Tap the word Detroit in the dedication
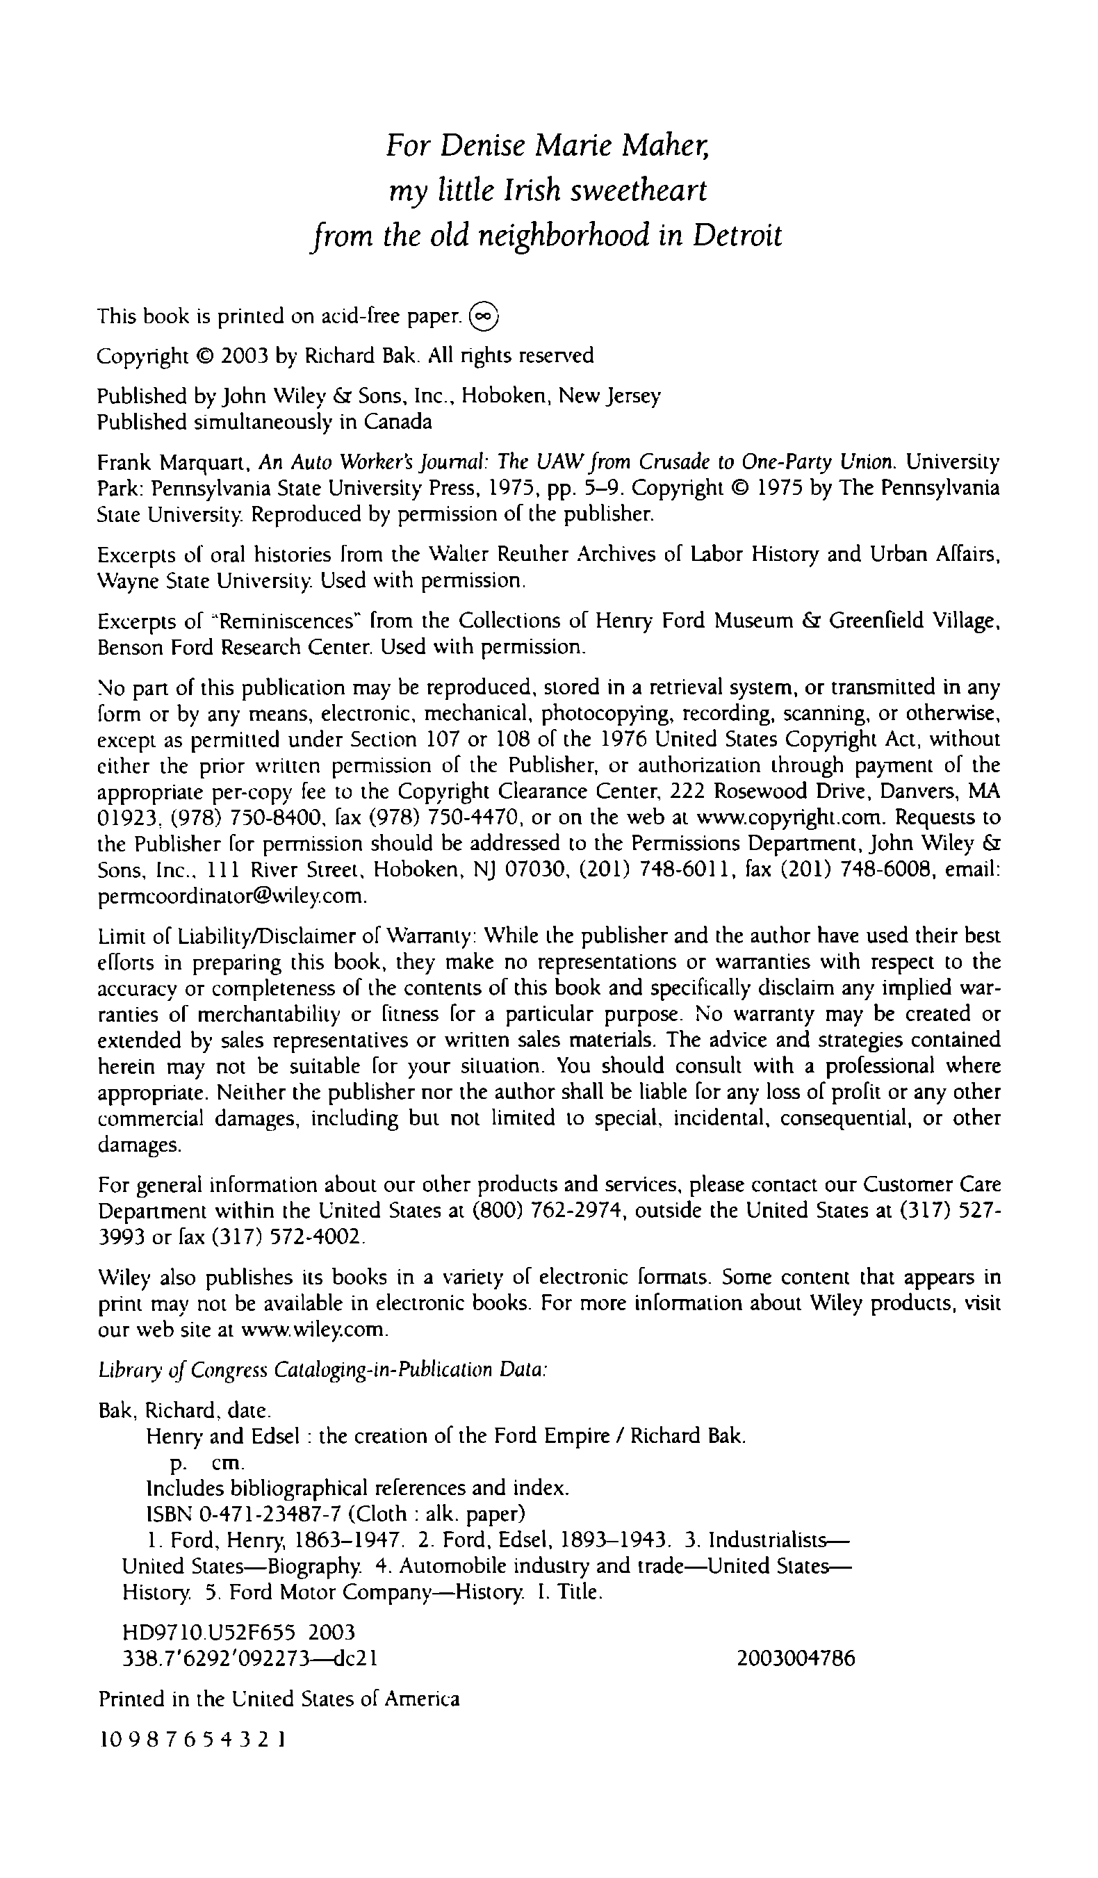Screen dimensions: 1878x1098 tap(737, 236)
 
